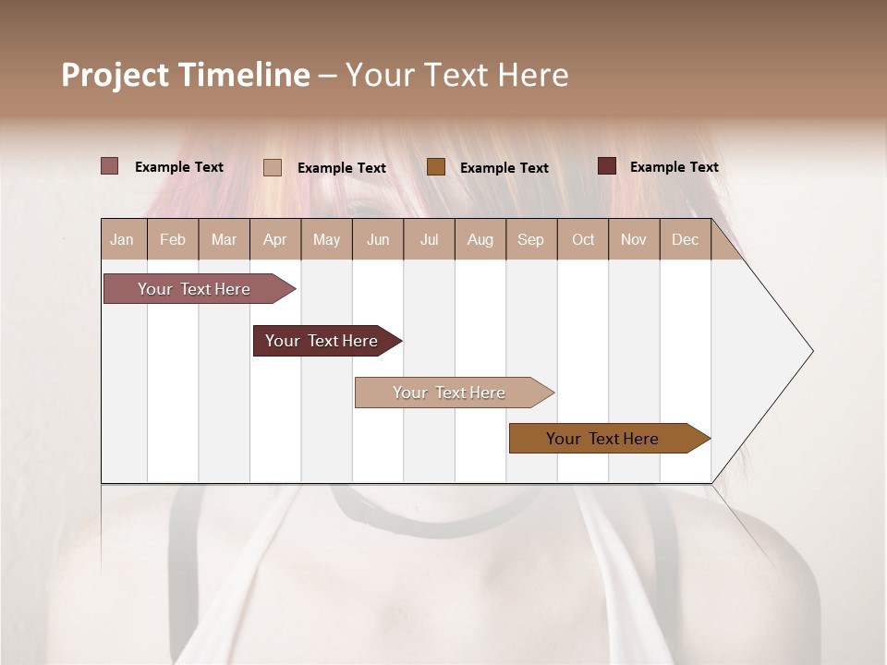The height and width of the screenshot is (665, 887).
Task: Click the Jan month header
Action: (x=122, y=239)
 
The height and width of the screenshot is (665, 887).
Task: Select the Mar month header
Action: (x=224, y=239)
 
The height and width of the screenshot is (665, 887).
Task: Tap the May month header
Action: (x=326, y=239)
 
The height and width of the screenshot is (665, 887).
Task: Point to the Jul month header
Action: (x=429, y=239)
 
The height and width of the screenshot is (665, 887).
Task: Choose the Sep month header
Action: (x=530, y=239)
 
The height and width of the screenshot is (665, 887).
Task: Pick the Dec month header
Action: (x=685, y=239)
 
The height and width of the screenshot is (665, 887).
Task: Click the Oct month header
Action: (x=583, y=239)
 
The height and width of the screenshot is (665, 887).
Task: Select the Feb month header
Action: (x=173, y=239)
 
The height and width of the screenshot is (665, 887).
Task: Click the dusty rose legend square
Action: (x=110, y=166)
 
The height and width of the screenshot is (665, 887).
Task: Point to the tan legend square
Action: (x=273, y=167)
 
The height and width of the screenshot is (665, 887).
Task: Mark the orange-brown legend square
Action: (x=436, y=166)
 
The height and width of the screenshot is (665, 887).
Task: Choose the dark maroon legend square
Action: (x=607, y=166)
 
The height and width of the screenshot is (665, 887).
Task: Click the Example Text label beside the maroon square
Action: (x=674, y=167)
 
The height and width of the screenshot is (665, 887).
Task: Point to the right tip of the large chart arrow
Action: (x=810, y=351)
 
